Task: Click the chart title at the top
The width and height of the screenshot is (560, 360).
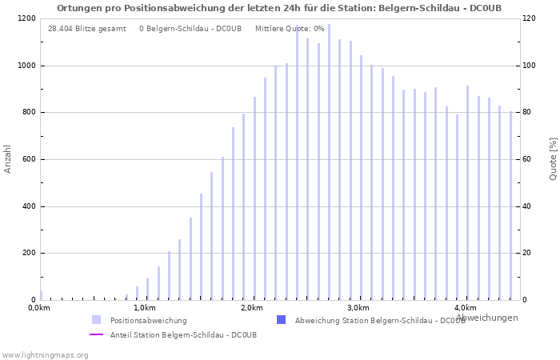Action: pyautogui.click(x=279, y=8)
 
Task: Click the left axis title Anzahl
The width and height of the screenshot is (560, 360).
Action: pyautogui.click(x=8, y=158)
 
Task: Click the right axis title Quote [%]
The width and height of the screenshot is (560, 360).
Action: pyautogui.click(x=553, y=158)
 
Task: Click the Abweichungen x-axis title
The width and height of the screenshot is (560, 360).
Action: pyautogui.click(x=486, y=318)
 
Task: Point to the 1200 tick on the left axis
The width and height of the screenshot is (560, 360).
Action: pyautogui.click(x=25, y=18)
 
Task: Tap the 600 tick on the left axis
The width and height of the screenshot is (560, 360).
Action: pyautogui.click(x=27, y=159)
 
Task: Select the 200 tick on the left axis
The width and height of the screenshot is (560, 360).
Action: pyautogui.click(x=27, y=253)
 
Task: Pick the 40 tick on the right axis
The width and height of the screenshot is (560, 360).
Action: pyautogui.click(x=530, y=206)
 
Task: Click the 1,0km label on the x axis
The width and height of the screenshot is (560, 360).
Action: pyautogui.click(x=144, y=308)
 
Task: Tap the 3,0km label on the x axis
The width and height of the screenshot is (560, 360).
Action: pyautogui.click(x=358, y=308)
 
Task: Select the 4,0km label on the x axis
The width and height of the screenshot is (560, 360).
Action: pyautogui.click(x=465, y=308)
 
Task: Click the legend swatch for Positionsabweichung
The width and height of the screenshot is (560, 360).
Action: pyautogui.click(x=97, y=320)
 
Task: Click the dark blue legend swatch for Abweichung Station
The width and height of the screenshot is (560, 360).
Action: pyautogui.click(x=281, y=320)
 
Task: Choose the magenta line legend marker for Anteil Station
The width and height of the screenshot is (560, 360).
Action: pyautogui.click(x=97, y=334)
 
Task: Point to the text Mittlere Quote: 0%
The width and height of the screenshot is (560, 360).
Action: pyautogui.click(x=290, y=29)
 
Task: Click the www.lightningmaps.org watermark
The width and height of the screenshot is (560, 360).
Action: pyautogui.click(x=45, y=354)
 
